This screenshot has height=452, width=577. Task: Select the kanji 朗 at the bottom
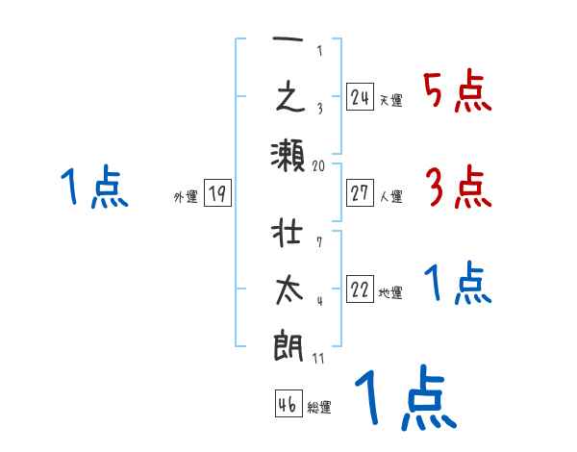click(288, 342)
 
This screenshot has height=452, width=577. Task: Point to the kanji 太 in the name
click(288, 290)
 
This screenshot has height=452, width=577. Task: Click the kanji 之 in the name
click(288, 99)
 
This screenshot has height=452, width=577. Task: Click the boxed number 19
click(216, 193)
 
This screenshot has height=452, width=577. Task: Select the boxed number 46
click(288, 404)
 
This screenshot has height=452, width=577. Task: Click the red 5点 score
click(457, 92)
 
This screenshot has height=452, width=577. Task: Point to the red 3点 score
click(458, 187)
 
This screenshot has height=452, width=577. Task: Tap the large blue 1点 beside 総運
click(404, 396)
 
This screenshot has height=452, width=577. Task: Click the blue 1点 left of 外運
click(93, 187)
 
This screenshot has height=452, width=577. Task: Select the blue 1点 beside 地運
click(458, 285)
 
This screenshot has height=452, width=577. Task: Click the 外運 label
click(186, 197)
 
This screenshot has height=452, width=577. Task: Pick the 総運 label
click(319, 408)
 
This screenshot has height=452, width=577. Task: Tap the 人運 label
click(391, 197)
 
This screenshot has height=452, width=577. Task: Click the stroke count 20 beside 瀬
click(319, 165)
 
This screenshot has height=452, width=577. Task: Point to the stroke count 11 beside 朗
click(319, 358)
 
